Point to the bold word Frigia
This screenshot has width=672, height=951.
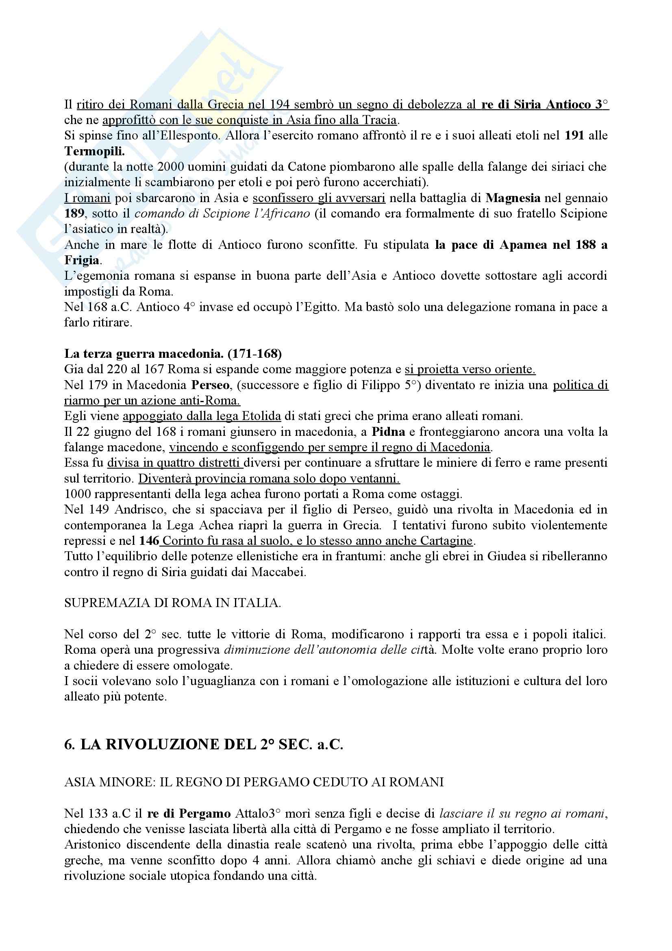pos(82,261)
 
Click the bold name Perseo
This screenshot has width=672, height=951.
pos(210,385)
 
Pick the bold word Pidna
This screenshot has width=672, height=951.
pos(388,432)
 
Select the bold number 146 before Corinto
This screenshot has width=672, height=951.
pos(149,541)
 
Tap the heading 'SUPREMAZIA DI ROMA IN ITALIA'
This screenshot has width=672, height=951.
pos(172,603)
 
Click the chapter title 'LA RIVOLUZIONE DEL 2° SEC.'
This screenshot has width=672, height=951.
pos(204,745)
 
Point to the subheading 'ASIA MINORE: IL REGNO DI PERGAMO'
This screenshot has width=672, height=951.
pos(253,782)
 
